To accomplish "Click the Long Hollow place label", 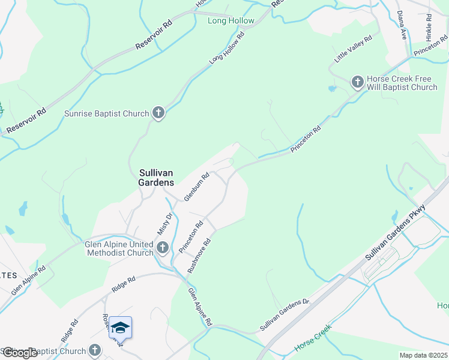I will click(231, 21).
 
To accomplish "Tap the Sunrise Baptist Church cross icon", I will click(158, 112).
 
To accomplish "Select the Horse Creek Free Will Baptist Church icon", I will click(358, 82).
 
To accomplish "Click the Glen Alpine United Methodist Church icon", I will click(162, 247).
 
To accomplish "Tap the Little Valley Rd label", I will click(354, 49).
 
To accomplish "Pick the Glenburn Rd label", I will click(196, 187).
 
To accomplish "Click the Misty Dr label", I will click(164, 224).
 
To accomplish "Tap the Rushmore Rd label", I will click(200, 256).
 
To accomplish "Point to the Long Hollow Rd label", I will click(228, 49).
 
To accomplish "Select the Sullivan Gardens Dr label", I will click(284, 315).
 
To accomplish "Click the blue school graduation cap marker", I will click(120, 328).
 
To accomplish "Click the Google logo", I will click(20, 353).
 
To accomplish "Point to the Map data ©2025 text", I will click(423, 355).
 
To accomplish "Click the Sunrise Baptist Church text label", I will click(107, 113).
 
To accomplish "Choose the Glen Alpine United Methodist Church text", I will click(119, 247).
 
